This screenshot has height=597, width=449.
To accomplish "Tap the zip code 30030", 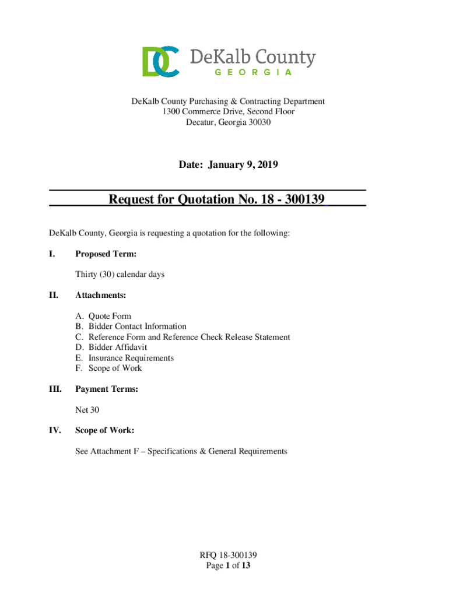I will coord(258,122).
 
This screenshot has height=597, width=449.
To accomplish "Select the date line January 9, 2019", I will coord(228,165).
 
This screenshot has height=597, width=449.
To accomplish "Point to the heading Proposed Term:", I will coord(106,254).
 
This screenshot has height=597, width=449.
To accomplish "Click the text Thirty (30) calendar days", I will coord(120,274).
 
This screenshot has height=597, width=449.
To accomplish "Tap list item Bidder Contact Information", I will coord(137,326).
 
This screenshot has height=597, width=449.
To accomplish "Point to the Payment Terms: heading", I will coord(107,389).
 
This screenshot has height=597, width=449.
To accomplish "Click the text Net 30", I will coord(83,410).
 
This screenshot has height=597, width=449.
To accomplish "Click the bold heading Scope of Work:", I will coord(105,430).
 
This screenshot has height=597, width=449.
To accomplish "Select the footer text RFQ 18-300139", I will coord(228,555).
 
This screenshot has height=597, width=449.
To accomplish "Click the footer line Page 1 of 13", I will coord(228,566).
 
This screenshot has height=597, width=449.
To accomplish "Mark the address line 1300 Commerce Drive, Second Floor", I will coord(228,112).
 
